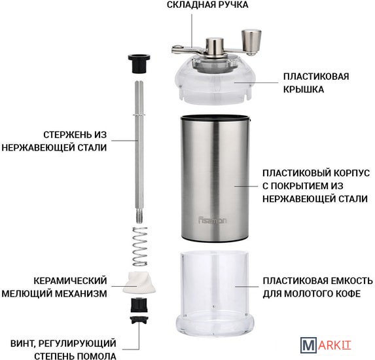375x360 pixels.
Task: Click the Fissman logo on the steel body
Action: [213, 221]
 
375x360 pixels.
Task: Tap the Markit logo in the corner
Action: [326, 345]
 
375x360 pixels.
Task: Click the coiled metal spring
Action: [140, 246]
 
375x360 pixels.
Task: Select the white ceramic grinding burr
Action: [139, 283]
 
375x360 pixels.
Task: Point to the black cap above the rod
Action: [139, 63]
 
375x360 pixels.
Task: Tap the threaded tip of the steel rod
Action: [140, 216]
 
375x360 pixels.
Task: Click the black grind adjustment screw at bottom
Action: [139, 320]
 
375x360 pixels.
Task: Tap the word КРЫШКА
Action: [304, 90]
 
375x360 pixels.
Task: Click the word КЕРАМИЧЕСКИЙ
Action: [70, 281]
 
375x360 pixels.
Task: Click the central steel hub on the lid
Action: [215, 46]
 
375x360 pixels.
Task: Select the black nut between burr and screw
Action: [139, 305]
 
